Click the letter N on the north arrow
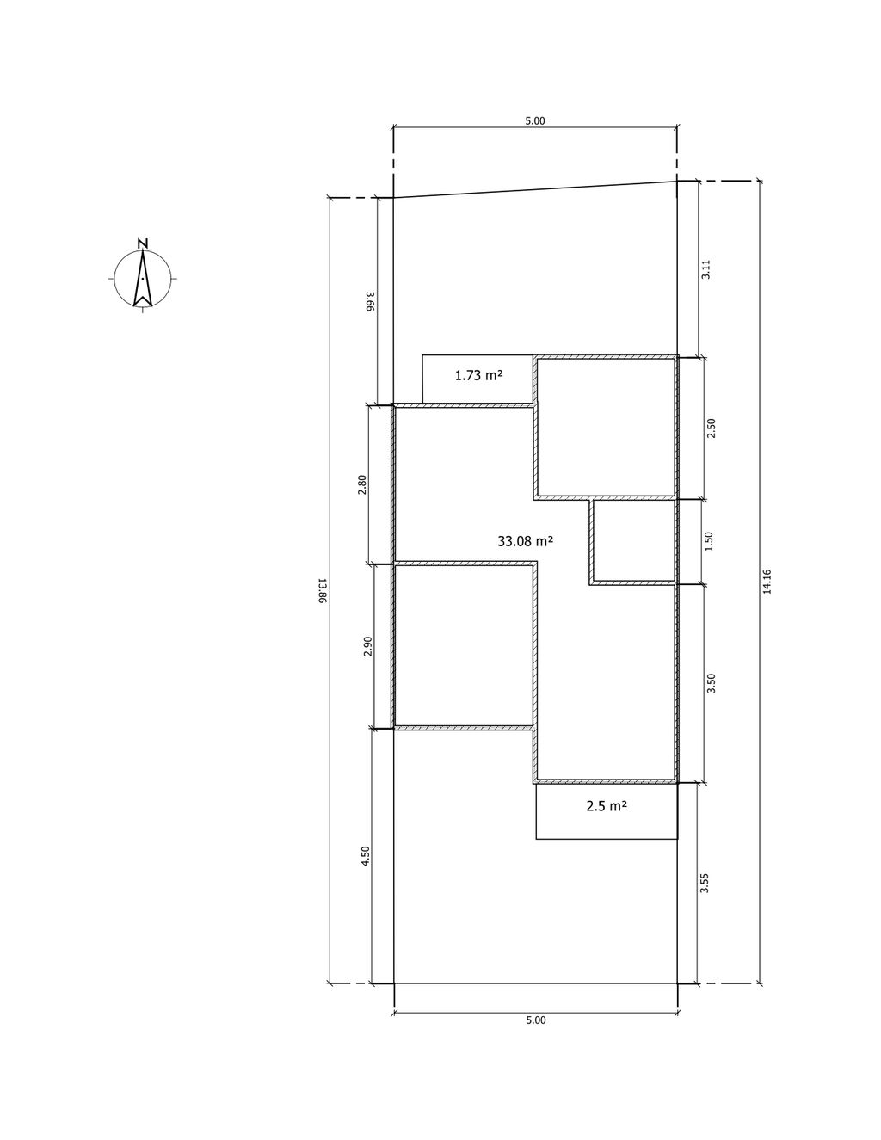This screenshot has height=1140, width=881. [143, 243]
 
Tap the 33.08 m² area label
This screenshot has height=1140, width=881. [526, 541]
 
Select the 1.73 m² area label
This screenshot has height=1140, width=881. [478, 375]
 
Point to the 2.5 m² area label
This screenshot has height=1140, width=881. [607, 806]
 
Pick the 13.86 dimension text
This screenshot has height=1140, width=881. [322, 591]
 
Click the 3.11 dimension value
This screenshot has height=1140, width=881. [705, 269]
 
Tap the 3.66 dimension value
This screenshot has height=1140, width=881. [370, 301]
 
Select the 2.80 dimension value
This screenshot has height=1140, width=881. [362, 484]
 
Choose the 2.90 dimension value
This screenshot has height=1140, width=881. [367, 646]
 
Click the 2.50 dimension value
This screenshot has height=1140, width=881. [712, 428]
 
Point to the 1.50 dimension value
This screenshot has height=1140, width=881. [709, 541]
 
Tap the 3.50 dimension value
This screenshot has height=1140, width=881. [712, 683]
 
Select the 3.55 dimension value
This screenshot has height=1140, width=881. [705, 883]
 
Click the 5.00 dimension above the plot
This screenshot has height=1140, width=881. [535, 120]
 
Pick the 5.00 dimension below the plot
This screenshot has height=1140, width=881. [535, 1020]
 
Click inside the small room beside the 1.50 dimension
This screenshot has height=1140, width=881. [634, 541]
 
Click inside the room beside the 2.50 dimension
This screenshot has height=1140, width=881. [607, 427]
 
